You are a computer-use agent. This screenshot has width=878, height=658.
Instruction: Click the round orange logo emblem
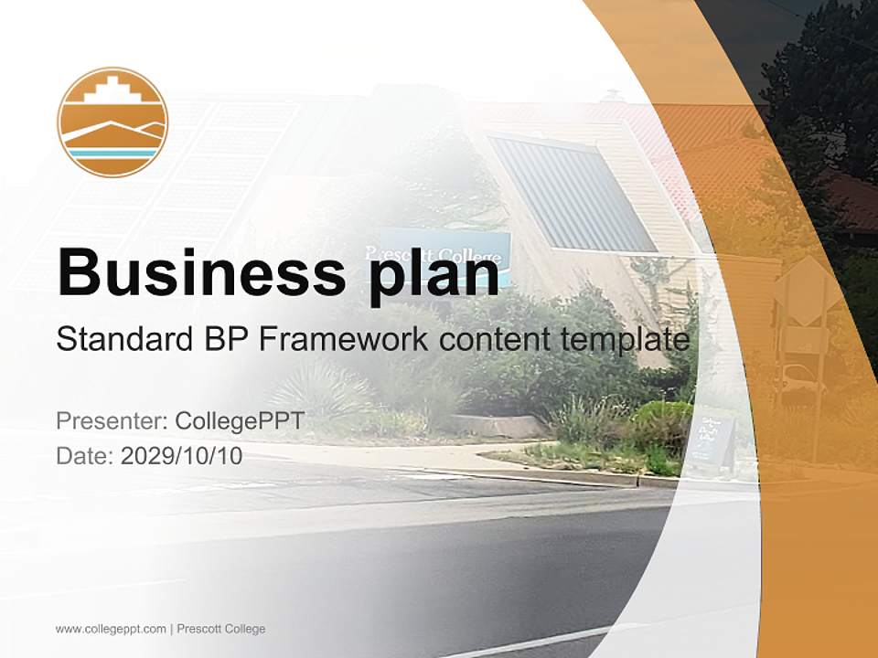pyautogui.click(x=112, y=122)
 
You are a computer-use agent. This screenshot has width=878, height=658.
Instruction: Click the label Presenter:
pyautogui.click(x=111, y=421)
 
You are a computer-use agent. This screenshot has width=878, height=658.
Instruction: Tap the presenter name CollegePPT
pyautogui.click(x=240, y=421)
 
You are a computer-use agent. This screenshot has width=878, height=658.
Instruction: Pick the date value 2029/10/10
pyautogui.click(x=182, y=455)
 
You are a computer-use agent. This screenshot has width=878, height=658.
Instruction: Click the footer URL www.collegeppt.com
pyautogui.click(x=111, y=629)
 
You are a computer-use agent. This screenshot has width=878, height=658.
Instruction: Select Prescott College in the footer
pyautogui.click(x=221, y=629)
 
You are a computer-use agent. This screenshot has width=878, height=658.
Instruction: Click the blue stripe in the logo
pyautogui.click(x=112, y=153)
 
